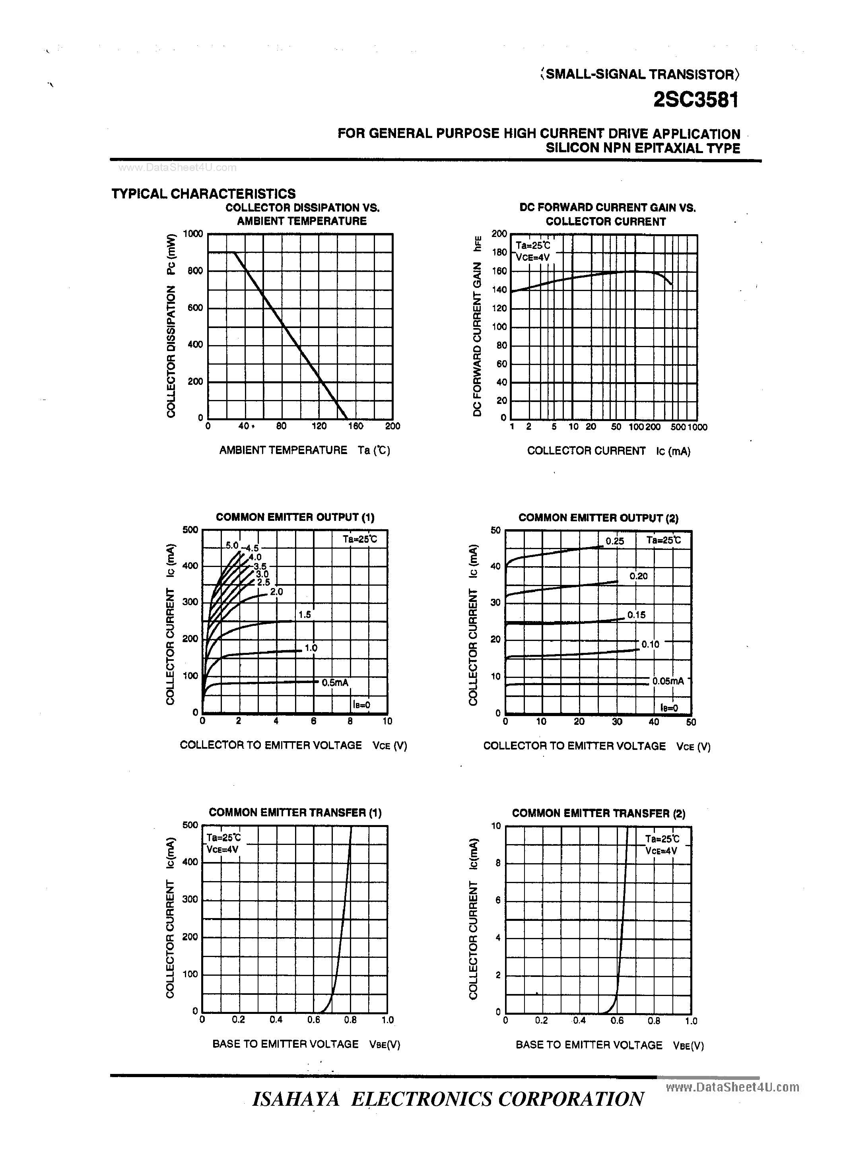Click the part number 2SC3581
tap(696, 100)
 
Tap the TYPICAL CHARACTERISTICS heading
tap(204, 194)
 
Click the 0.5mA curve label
tap(335, 683)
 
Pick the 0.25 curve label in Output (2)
tap(615, 541)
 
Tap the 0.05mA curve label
tap(668, 681)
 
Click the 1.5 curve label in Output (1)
tap(305, 614)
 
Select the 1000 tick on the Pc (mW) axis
tap(193, 234)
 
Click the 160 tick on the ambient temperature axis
tap(355, 426)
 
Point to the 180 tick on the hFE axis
tap(499, 252)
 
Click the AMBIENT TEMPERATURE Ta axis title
tap(305, 450)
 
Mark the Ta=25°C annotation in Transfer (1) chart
tap(223, 838)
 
